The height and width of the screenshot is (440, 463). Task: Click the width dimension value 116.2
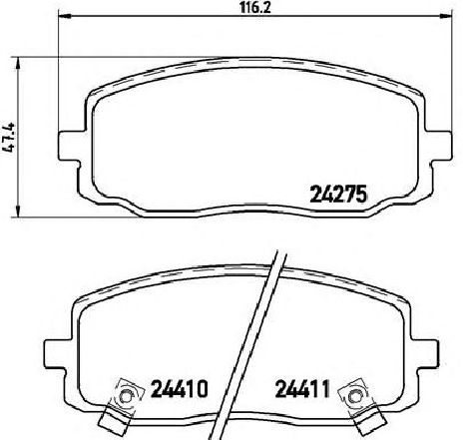(255, 8)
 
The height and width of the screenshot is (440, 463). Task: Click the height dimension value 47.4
(9, 138)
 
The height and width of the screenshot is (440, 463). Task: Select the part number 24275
(338, 194)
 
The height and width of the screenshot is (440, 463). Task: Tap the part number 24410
(180, 389)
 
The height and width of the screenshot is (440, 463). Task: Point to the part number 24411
(302, 389)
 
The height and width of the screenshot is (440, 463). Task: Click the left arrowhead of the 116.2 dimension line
(65, 15)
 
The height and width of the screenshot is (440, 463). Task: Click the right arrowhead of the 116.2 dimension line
(445, 15)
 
